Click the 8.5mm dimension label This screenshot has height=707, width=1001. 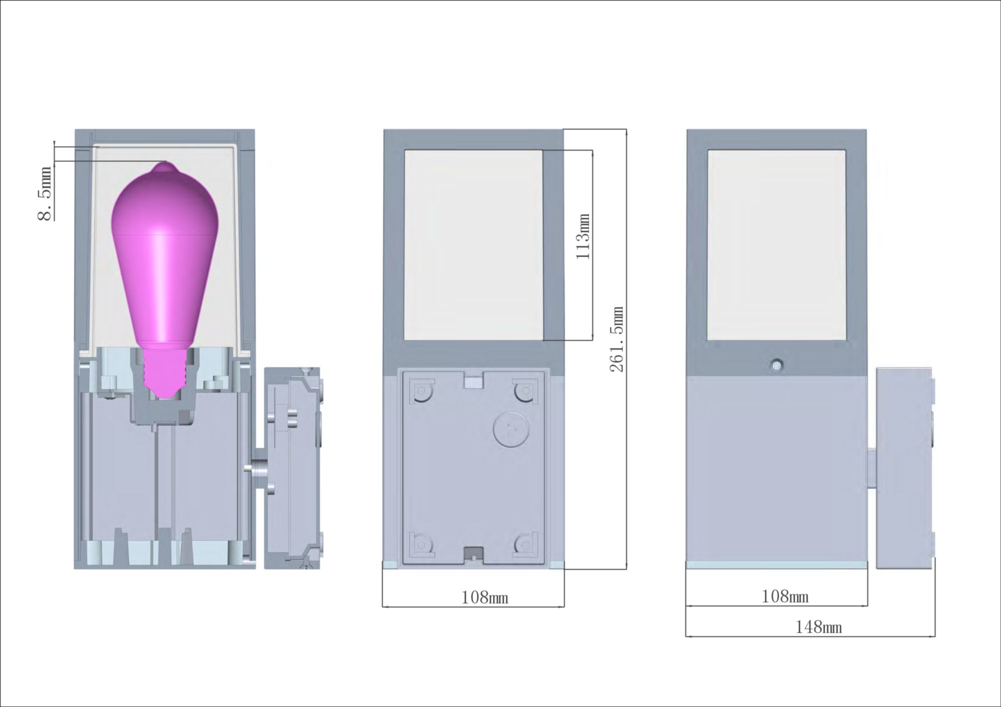tap(45, 194)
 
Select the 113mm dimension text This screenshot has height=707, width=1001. tap(583, 236)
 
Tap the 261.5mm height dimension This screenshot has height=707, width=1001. tap(617, 339)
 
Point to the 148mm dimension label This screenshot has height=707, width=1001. tap(819, 627)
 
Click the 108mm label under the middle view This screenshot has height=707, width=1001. tap(484, 597)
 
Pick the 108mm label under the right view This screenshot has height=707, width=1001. tap(785, 596)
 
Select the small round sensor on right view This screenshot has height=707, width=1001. tap(776, 365)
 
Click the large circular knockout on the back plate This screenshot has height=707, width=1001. tap(511, 429)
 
